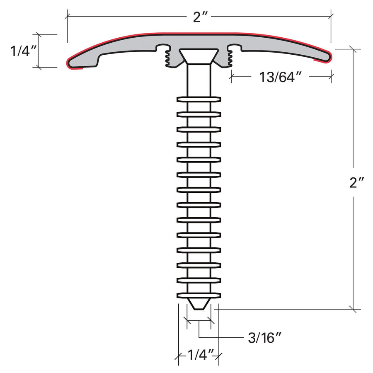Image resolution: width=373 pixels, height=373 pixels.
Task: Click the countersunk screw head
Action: click(x=199, y=56)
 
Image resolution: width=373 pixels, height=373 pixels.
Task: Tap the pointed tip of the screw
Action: click(x=199, y=305)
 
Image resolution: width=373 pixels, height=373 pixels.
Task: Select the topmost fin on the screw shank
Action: click(x=199, y=99)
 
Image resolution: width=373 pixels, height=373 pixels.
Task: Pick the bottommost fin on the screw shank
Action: click(x=199, y=295)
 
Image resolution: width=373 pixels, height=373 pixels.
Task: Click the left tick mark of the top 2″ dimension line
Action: click(x=68, y=16)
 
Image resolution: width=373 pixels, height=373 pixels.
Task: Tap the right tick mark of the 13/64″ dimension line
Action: click(x=332, y=76)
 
